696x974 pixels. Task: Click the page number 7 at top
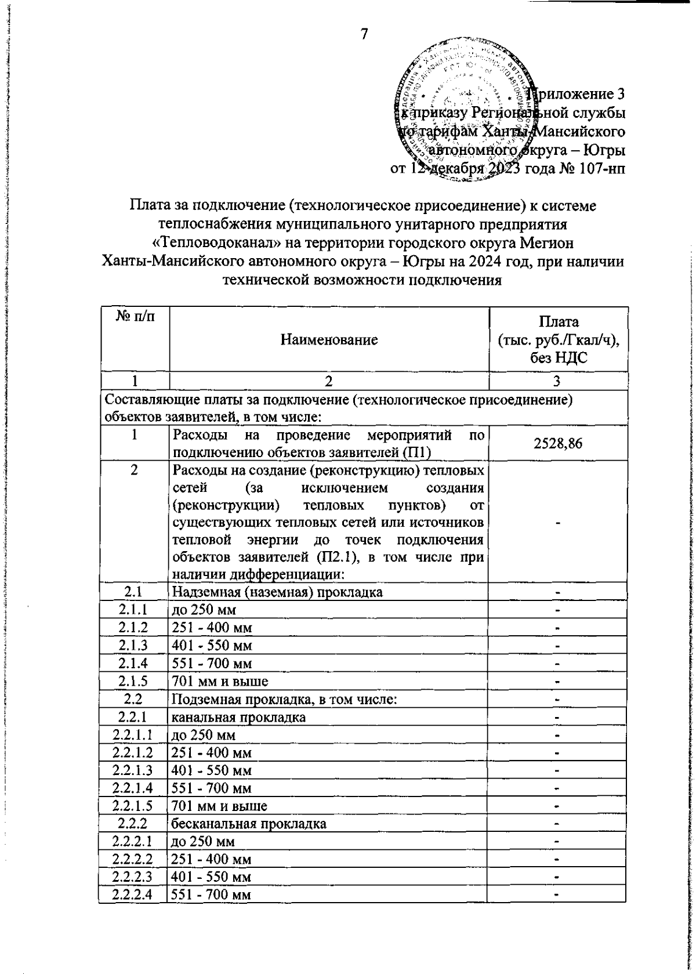pos(364,35)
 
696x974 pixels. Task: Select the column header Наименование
pos(329,340)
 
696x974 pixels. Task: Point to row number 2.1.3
pos(134,644)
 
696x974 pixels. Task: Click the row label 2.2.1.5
pos(134,806)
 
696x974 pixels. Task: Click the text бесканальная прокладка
pos(248,823)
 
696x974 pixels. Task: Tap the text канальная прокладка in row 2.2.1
pos(239,717)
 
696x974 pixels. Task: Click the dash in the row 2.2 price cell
pos(557,700)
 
